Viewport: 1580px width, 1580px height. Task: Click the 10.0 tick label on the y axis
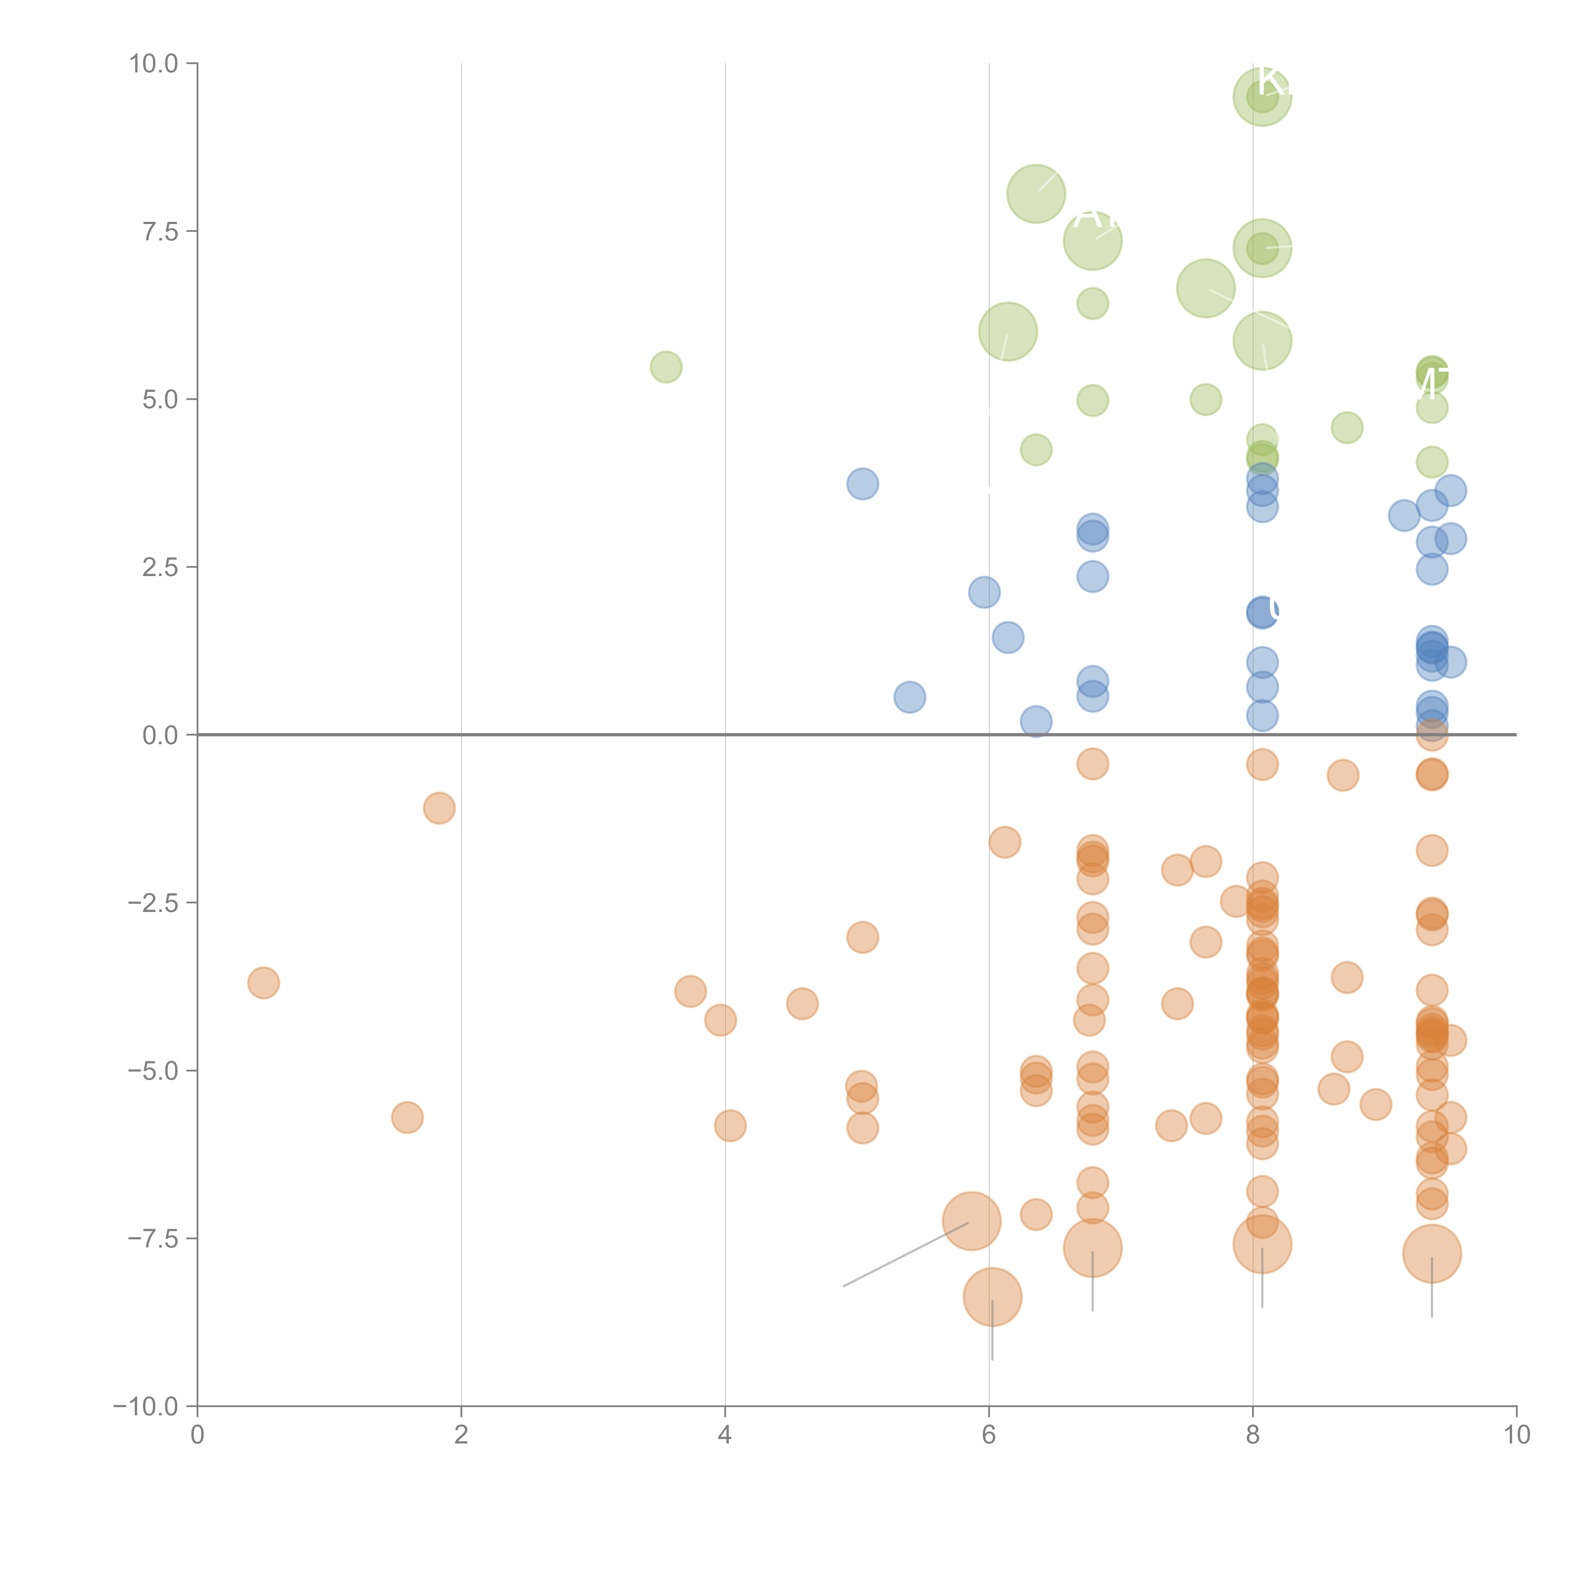[x=154, y=64]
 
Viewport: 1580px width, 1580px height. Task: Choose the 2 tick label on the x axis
[x=461, y=1435]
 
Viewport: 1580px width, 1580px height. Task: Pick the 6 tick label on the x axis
[x=989, y=1435]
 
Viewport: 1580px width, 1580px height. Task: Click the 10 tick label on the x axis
[x=1516, y=1435]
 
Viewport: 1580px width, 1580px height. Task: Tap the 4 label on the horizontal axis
[x=725, y=1435]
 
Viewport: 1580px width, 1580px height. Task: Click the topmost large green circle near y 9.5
[x=1262, y=96]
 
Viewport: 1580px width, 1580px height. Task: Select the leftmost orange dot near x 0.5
[x=263, y=982]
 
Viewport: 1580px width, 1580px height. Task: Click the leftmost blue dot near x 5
[x=862, y=484]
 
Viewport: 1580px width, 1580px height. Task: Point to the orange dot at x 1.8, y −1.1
[x=439, y=808]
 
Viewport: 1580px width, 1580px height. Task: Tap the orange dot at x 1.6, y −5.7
[x=407, y=1117]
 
